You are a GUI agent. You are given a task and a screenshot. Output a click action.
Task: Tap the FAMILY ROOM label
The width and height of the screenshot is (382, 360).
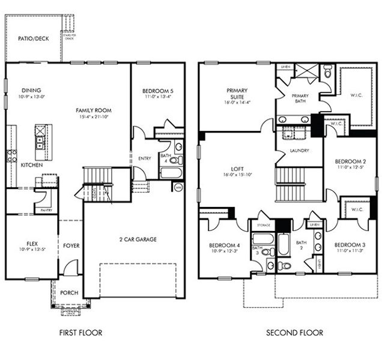coord(94,111)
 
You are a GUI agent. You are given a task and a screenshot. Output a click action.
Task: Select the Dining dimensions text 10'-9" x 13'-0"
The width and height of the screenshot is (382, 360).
coord(31,97)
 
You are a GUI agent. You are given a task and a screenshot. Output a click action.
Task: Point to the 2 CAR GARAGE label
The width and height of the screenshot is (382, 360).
coord(138,239)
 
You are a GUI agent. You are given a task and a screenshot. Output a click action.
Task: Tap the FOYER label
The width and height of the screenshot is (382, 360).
coord(71,246)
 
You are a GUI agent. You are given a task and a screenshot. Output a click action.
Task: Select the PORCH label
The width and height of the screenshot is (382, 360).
coord(69,293)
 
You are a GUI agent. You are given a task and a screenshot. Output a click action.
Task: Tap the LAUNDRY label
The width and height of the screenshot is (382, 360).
coord(299,151)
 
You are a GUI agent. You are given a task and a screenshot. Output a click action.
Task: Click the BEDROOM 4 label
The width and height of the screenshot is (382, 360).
coord(225,245)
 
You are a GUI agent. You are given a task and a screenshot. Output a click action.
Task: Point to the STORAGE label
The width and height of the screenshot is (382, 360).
coord(264,226)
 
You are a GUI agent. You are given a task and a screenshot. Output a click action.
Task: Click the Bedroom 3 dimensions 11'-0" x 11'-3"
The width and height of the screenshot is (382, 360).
coord(350,251)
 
